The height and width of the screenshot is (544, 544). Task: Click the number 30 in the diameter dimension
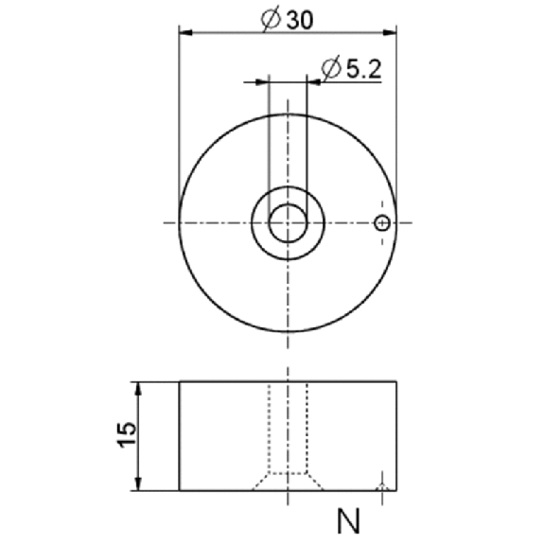(300, 20)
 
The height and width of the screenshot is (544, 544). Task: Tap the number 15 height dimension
(126, 435)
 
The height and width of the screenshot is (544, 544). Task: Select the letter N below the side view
(348, 521)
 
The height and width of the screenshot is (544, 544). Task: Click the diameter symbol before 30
(271, 20)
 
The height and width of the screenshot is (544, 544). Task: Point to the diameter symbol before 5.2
(330, 68)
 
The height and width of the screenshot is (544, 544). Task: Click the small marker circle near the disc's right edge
(382, 222)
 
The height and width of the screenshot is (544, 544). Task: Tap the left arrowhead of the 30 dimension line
(185, 32)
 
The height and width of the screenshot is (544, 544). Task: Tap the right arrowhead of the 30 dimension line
(390, 32)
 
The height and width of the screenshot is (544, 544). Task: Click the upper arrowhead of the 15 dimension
(138, 389)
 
